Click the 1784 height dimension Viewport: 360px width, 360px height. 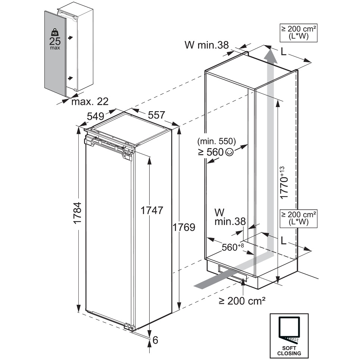pyautogui.click(x=78, y=213)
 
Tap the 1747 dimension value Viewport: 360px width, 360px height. pyautogui.click(x=152, y=210)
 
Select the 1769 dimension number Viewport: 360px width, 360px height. pyautogui.click(x=184, y=227)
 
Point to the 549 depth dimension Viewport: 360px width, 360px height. pyautogui.click(x=96, y=116)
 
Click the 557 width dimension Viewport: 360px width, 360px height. pyautogui.click(x=156, y=115)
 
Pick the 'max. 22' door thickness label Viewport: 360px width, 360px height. pyautogui.click(x=90, y=101)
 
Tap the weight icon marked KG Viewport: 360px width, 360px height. pyautogui.click(x=54, y=32)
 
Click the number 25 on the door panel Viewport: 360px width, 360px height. pyautogui.click(x=55, y=41)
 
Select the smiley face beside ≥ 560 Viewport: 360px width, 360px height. pyautogui.click(x=229, y=152)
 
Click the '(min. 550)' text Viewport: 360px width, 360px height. pyautogui.click(x=216, y=141)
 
